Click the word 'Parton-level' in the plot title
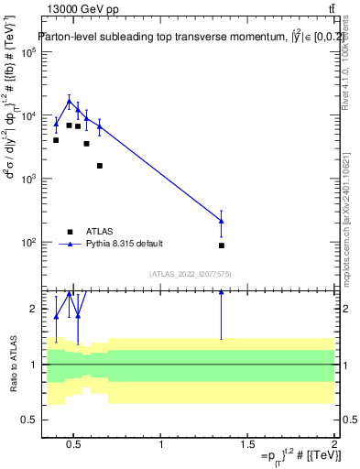(69, 38)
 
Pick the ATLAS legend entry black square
(71, 231)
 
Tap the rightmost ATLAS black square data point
(222, 245)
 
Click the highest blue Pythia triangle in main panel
(69, 102)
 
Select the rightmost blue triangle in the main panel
(222, 221)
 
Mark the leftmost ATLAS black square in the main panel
(56, 140)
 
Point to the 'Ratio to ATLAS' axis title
(13, 364)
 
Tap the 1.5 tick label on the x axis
(247, 444)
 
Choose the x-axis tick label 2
(334, 444)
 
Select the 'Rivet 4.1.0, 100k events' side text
(352, 69)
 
